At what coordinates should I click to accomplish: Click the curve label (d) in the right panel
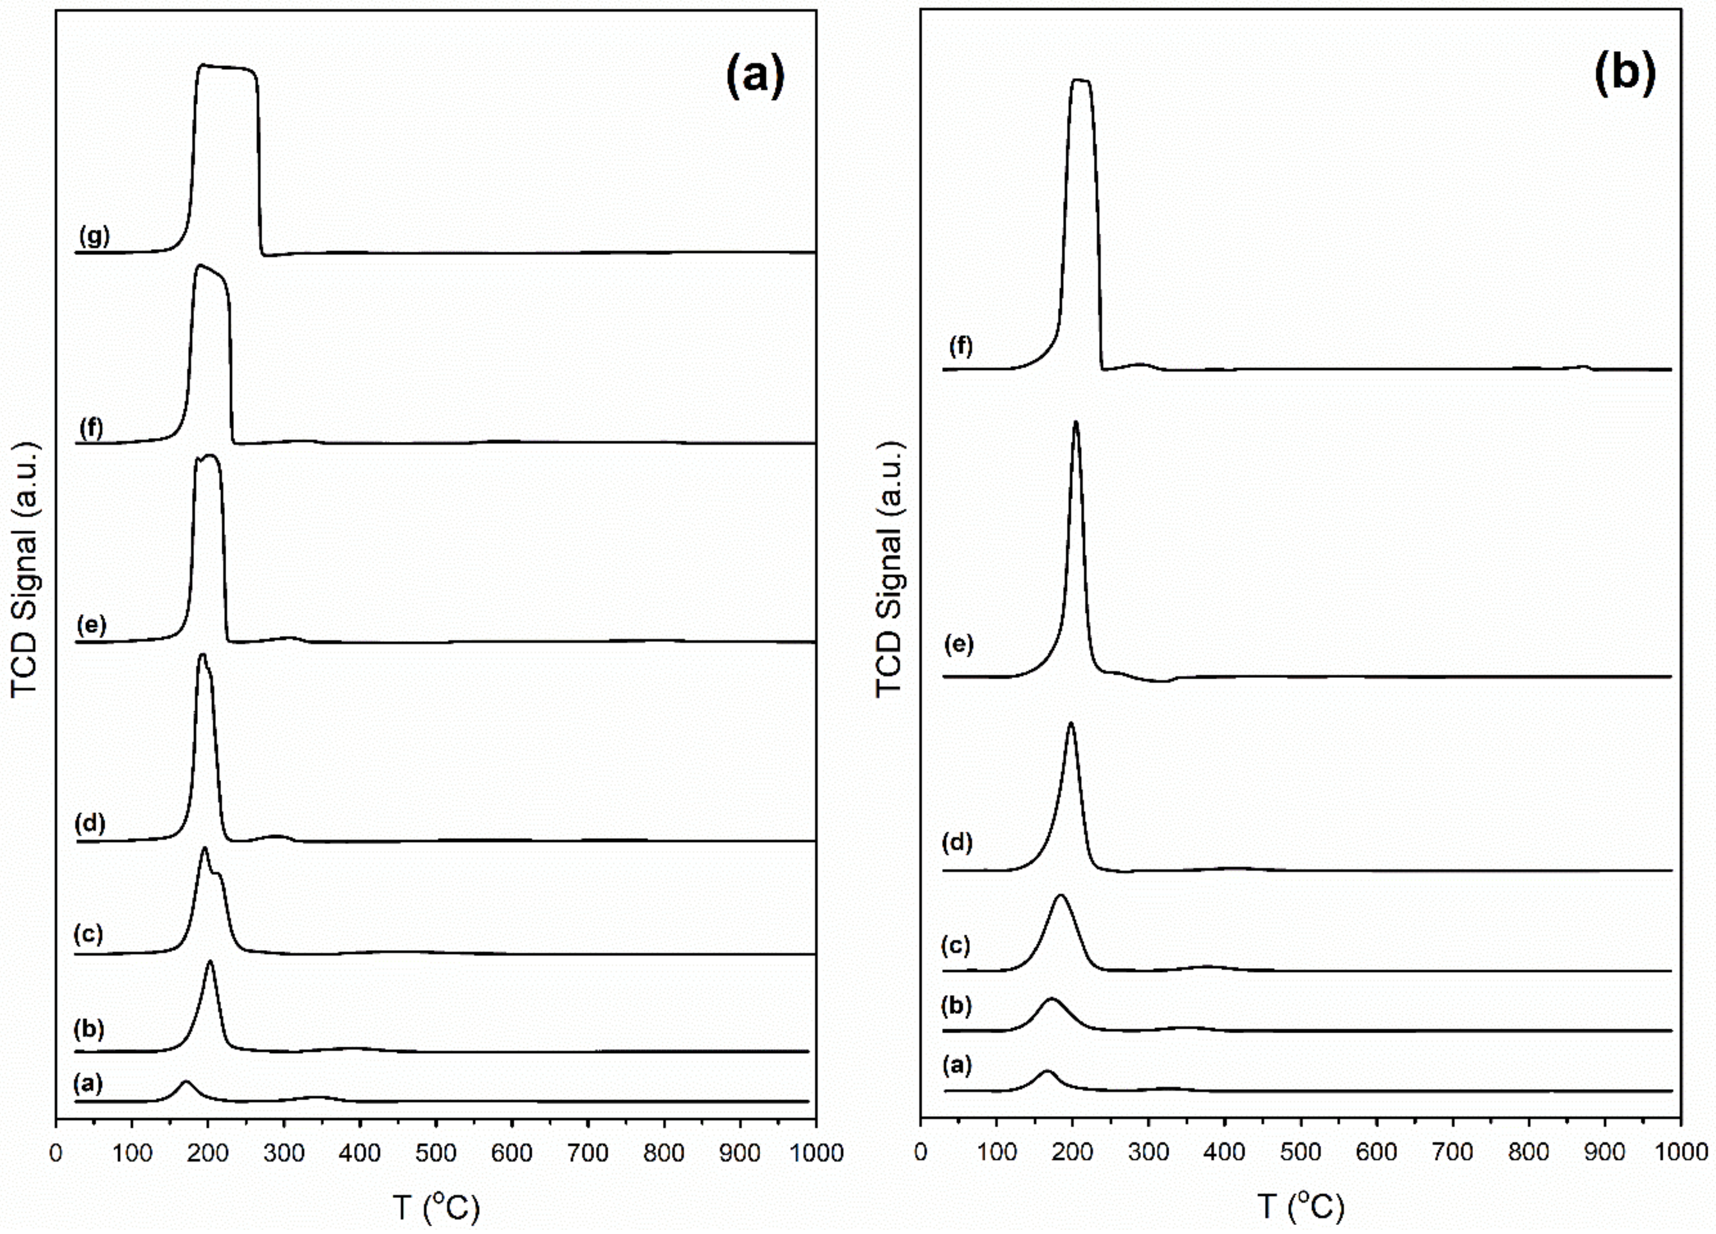tap(960, 842)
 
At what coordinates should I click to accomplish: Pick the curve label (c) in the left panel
tap(88, 934)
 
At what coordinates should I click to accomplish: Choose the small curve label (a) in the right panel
tap(957, 1066)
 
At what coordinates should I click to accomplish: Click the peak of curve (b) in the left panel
tap(210, 961)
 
